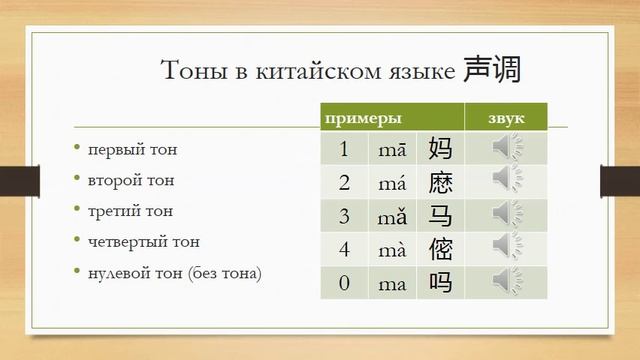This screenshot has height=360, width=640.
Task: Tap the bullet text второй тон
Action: [x=131, y=181]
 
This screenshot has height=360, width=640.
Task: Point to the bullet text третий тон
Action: [x=130, y=211]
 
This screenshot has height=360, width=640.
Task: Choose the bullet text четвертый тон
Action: [x=144, y=241]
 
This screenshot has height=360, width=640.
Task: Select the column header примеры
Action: [x=357, y=119]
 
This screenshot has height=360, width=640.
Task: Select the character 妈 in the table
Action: [x=440, y=150]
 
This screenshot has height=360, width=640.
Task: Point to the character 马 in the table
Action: [x=440, y=215]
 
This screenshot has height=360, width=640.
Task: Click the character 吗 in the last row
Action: [x=440, y=282]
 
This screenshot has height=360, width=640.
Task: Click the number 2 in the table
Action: [x=344, y=183]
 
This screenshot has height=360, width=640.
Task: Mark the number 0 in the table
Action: [x=344, y=283]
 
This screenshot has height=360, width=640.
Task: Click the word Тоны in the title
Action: [x=194, y=71]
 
